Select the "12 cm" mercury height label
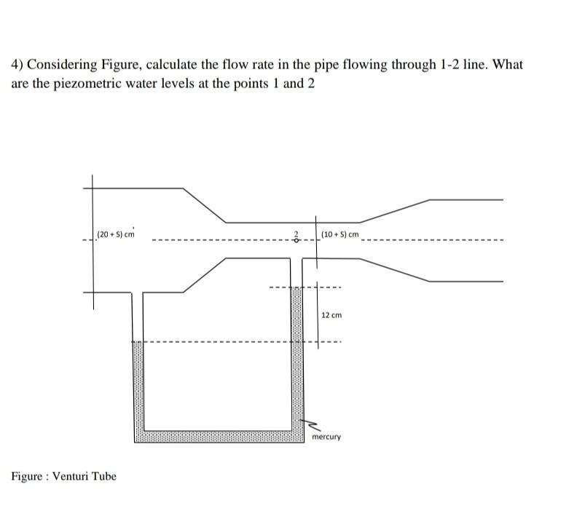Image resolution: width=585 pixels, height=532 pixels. coord(331,315)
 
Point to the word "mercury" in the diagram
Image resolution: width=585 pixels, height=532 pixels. coord(326,437)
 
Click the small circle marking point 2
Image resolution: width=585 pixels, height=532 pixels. coord(297,241)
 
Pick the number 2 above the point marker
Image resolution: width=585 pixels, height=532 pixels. coord(297,234)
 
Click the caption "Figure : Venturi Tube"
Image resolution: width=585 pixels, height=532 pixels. coord(63,477)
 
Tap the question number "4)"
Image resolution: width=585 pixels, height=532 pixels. coord(17,65)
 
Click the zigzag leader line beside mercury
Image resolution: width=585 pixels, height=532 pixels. coord(311,424)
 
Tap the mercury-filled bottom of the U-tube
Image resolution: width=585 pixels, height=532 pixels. coord(219,436)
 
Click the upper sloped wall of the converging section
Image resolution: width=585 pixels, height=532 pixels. coord(204,205)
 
